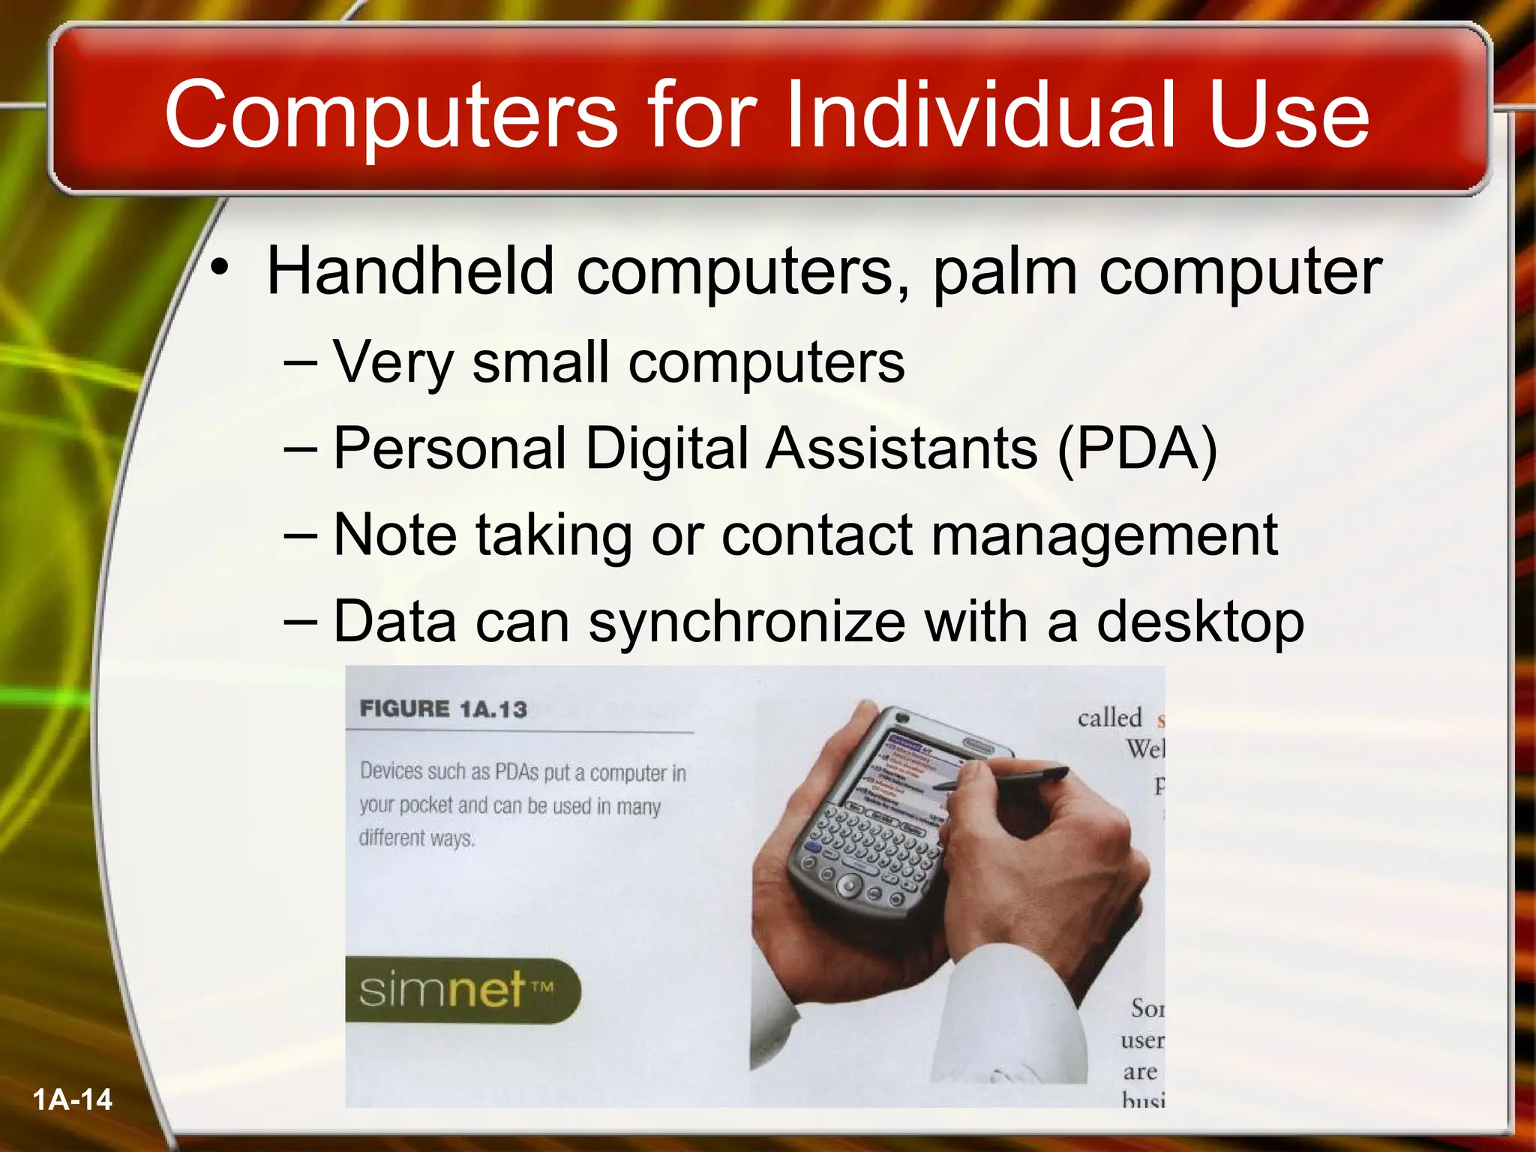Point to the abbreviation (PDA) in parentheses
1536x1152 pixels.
pyautogui.click(x=1137, y=448)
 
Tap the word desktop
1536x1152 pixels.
pyautogui.click(x=1199, y=622)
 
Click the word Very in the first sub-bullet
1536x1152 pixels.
pyautogui.click(x=393, y=363)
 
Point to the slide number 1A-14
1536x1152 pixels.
pyautogui.click(x=72, y=1099)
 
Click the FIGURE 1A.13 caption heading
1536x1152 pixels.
pyautogui.click(x=443, y=709)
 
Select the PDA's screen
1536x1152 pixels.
pyautogui.click(x=904, y=772)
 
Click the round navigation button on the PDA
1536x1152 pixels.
pyautogui.click(x=848, y=886)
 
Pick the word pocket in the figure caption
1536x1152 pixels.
pyautogui.click(x=426, y=805)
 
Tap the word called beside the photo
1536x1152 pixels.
pyautogui.click(x=1109, y=718)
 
